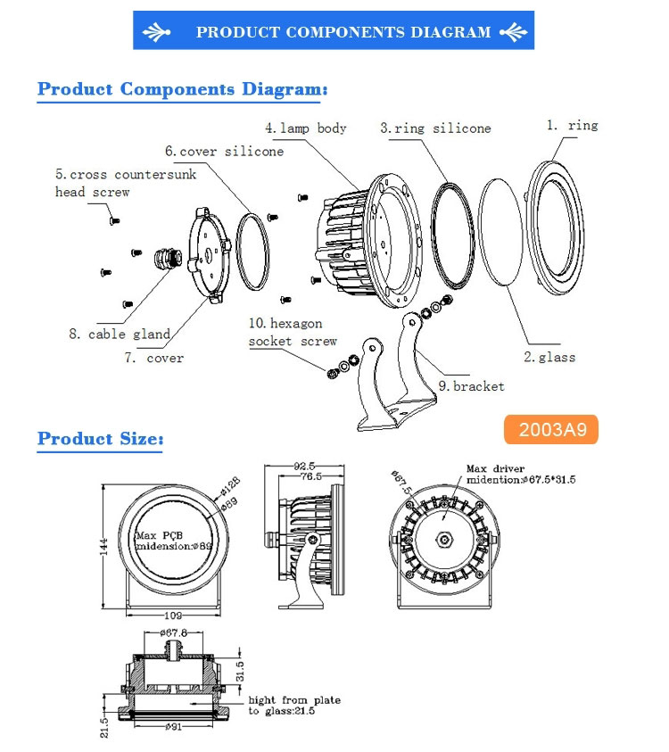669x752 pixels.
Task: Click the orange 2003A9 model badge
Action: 549,430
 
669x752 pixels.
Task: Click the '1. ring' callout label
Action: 572,126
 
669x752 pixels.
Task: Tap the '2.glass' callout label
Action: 549,357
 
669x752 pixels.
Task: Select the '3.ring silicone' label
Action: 435,128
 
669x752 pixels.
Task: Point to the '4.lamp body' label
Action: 306,128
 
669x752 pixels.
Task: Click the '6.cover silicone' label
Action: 224,152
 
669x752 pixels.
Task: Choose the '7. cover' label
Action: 153,358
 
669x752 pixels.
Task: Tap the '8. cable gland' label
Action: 119,335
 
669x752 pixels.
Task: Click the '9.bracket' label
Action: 470,386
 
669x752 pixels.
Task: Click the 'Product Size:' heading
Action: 100,440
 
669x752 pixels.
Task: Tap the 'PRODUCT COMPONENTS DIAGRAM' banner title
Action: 343,33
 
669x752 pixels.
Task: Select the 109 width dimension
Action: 174,616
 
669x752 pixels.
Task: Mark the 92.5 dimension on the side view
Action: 305,467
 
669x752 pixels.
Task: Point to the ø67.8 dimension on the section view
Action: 174,633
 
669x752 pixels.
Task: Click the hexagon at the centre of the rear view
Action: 444,541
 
